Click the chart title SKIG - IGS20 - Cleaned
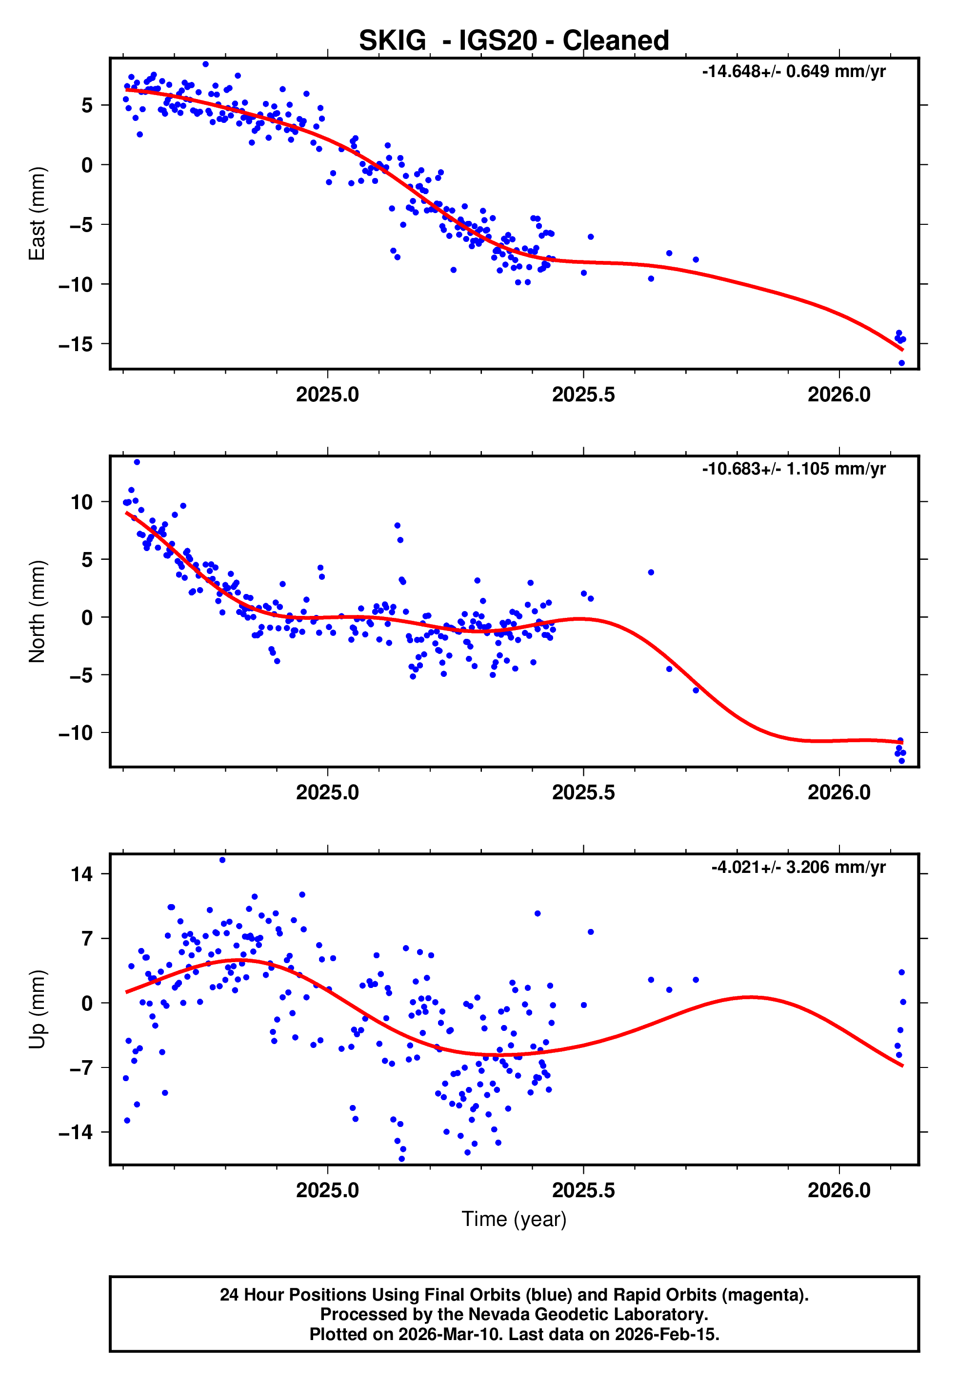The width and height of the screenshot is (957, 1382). pos(514,41)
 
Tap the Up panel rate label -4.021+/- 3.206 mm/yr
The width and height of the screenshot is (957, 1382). pos(798,867)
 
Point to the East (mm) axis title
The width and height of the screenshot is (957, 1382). pos(37,214)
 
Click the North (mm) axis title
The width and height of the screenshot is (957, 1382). pos(37,612)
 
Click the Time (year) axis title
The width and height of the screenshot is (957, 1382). pos(514,1219)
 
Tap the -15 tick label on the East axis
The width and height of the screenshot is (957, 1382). pos(76,344)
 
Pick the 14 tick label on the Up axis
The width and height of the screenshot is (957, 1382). pos(82,874)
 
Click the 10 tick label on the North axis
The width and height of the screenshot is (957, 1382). pos(82,502)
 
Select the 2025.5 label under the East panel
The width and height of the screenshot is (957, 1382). pos(583,395)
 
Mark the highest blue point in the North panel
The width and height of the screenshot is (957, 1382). pos(137,462)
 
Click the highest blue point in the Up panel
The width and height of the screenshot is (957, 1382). pos(222,860)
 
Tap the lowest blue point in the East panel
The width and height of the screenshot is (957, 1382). pos(901,363)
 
